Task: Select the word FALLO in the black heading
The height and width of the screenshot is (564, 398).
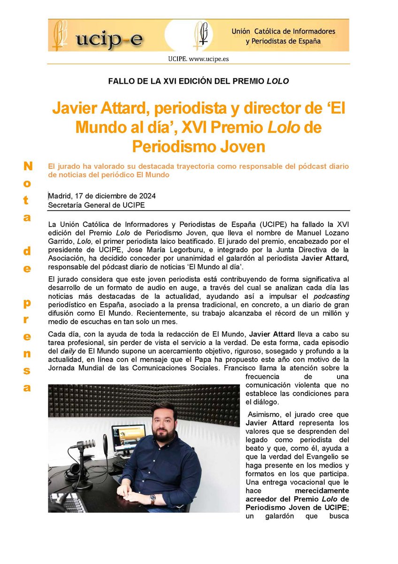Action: [120, 81]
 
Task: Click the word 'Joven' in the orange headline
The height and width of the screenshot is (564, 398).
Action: [244, 146]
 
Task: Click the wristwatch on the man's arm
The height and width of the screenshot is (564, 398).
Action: [153, 497]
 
